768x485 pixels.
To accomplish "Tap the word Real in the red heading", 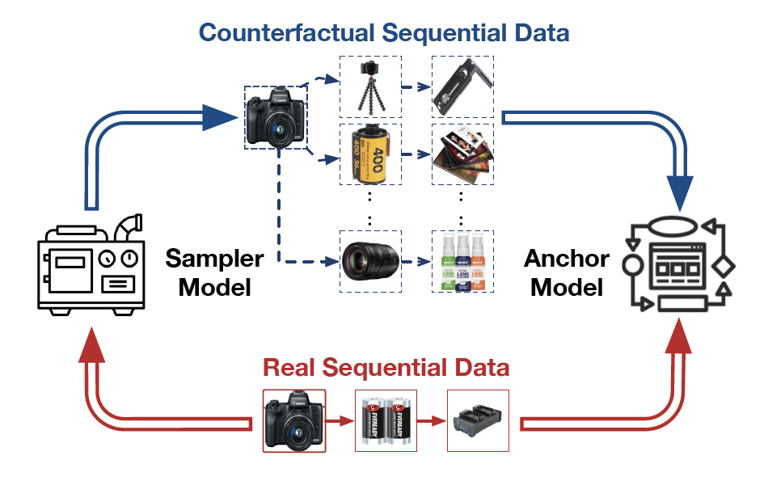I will click(x=289, y=368).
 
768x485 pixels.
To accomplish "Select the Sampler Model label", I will click(x=214, y=272).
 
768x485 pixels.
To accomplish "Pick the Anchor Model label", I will click(x=567, y=272).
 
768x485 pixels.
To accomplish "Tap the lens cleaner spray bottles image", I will click(x=461, y=261).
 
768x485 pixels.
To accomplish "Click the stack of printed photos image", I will click(x=462, y=153).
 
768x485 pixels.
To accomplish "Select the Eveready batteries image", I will click(x=386, y=421).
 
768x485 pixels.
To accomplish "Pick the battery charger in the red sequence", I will click(x=477, y=421).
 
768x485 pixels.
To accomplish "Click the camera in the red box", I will click(x=294, y=420).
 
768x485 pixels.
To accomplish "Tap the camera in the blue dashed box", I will click(x=276, y=117).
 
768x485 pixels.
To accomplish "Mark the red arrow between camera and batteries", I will click(x=340, y=421).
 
